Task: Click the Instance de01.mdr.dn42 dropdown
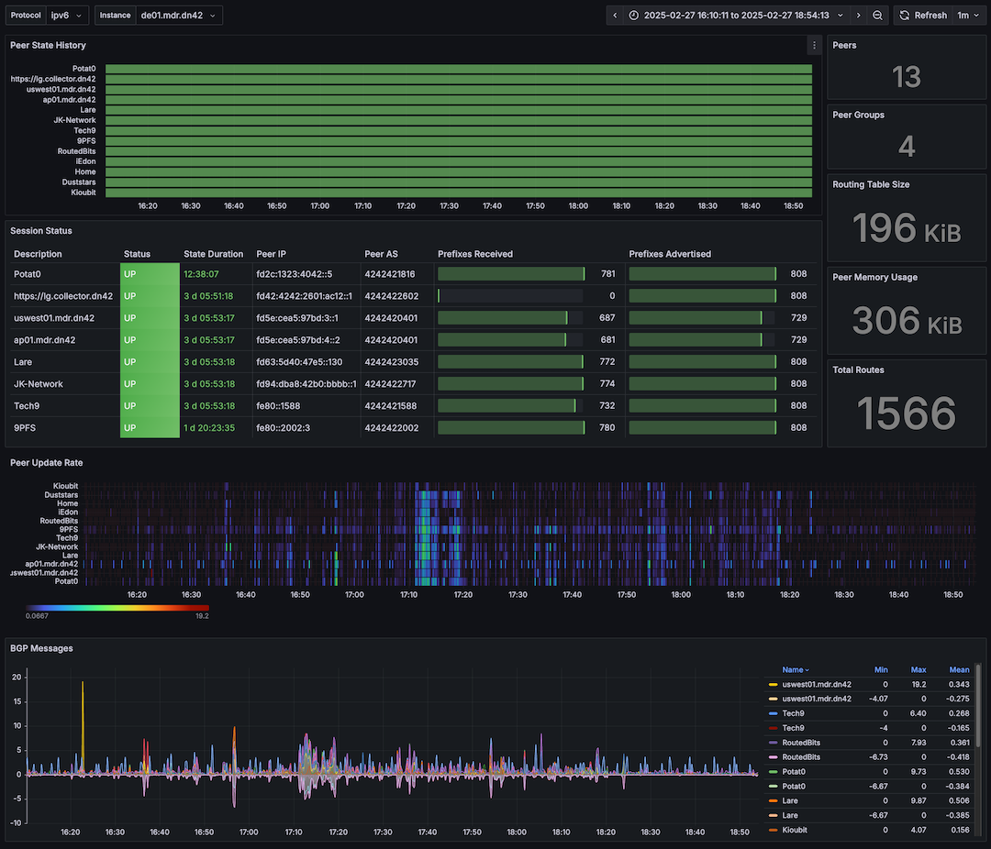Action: (179, 16)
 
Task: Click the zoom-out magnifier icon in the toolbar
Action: (878, 16)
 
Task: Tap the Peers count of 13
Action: (907, 77)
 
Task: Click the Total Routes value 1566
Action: (907, 413)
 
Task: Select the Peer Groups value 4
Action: (907, 147)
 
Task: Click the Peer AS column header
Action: (381, 254)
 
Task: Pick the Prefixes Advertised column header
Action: (670, 254)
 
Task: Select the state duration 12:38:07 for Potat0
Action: (201, 274)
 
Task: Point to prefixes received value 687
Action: (607, 318)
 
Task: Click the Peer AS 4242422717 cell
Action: (390, 384)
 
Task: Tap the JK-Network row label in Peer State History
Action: (74, 120)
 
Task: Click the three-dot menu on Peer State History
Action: (814, 45)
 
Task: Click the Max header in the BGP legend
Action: (919, 670)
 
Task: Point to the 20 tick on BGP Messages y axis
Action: (16, 677)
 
